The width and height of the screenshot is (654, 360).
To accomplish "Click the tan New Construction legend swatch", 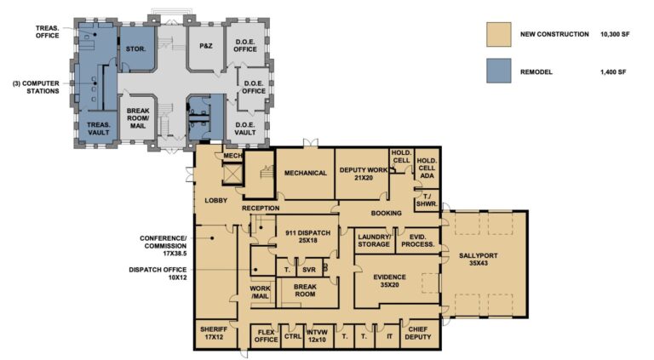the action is click(x=498, y=34).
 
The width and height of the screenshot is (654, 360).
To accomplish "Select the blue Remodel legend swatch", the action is click(x=498, y=71).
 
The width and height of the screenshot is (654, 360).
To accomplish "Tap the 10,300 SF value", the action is click(x=615, y=34).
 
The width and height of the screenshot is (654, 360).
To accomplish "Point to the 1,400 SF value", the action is click(x=613, y=71).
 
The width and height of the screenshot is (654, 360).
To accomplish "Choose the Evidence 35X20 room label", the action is click(x=389, y=281).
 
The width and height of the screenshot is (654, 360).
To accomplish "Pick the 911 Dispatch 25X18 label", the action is click(x=307, y=237).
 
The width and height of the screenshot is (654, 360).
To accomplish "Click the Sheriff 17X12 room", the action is click(x=214, y=333).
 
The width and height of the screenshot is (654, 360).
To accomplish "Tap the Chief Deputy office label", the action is click(x=417, y=333).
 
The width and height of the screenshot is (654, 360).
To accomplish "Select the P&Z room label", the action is click(x=205, y=46).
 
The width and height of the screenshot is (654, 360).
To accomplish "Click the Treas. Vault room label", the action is click(x=99, y=129).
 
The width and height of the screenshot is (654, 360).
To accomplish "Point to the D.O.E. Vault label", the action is click(x=245, y=129).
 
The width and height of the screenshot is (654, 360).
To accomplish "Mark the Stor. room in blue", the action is click(x=136, y=49).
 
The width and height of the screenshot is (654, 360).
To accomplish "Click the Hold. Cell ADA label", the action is click(x=427, y=168).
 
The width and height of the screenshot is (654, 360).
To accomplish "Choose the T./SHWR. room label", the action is click(x=427, y=200).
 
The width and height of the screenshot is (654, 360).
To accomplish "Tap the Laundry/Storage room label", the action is click(x=374, y=240).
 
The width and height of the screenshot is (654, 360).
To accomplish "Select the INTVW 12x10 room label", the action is click(x=317, y=336).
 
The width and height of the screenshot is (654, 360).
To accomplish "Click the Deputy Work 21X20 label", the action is click(x=363, y=174).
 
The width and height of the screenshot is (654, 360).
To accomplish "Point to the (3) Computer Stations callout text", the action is click(x=36, y=87).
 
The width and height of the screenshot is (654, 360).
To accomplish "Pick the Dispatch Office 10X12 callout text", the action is click(x=158, y=273).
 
